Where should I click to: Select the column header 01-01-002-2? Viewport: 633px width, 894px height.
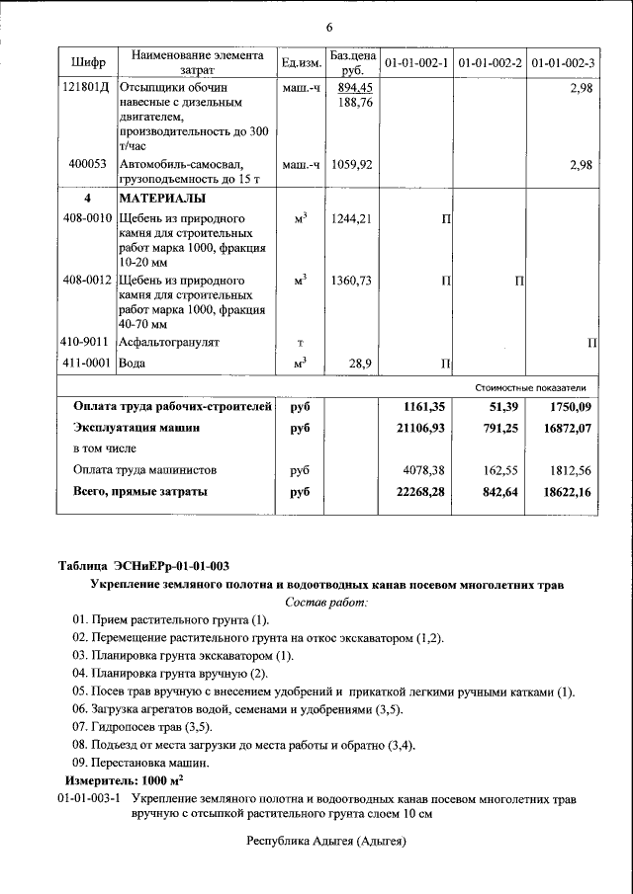(491, 63)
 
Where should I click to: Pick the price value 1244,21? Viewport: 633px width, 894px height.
(352, 219)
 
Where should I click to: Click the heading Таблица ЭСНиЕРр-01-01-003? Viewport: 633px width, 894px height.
(144, 566)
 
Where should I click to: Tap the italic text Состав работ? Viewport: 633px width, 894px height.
(326, 602)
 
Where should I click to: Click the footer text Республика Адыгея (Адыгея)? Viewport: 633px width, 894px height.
(326, 841)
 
